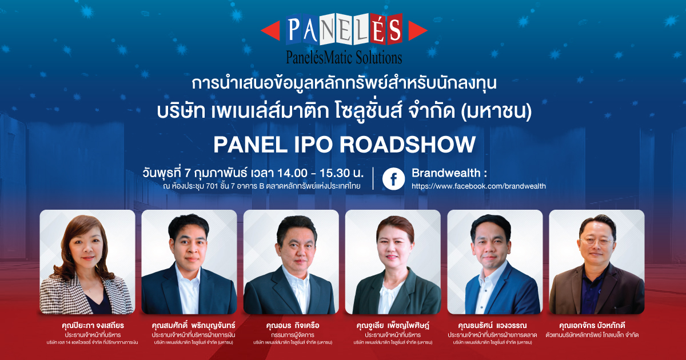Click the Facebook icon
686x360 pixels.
click(393, 179)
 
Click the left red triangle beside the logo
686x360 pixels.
click(272, 31)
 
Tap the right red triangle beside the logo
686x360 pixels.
click(417, 31)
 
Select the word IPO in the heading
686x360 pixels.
click(312, 145)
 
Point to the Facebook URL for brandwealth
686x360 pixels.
click(478, 186)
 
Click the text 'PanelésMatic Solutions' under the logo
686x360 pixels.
click(344, 58)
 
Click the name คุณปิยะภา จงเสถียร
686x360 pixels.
click(93, 325)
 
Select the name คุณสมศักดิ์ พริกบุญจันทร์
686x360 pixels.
click(194, 325)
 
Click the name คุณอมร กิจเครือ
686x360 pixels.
click(293, 325)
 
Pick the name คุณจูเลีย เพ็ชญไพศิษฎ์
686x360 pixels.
click(393, 325)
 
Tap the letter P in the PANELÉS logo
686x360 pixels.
click(294, 29)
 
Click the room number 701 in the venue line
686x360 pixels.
click(212, 186)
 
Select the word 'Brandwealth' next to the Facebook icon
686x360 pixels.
click(446, 173)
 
